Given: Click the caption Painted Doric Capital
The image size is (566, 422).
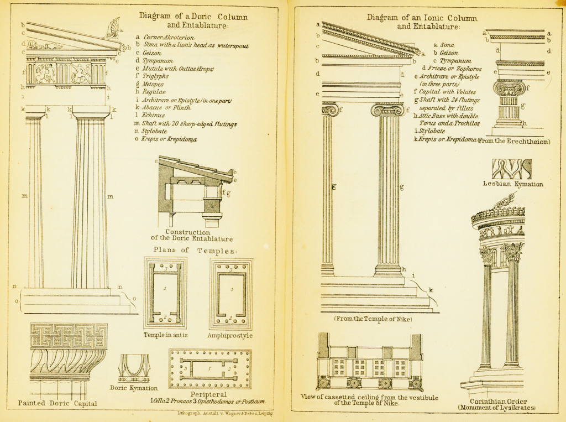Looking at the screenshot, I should (x=57, y=403).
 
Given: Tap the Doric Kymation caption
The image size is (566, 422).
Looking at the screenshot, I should (x=134, y=388).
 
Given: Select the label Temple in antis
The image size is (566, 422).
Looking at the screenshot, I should (x=165, y=335).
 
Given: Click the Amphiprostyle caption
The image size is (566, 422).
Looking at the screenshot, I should (x=230, y=335).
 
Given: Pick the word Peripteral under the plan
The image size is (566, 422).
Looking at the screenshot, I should (x=208, y=394).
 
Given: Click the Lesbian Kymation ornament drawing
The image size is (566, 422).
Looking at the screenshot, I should (x=511, y=169).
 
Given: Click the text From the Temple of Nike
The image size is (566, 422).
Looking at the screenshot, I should (x=373, y=319).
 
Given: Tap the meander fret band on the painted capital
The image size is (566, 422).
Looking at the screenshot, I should (x=69, y=336).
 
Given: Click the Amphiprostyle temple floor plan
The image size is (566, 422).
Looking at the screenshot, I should (x=231, y=293).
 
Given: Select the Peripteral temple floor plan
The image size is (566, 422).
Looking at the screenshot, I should (x=210, y=368).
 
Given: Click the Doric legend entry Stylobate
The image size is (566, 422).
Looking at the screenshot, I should (x=154, y=131).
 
